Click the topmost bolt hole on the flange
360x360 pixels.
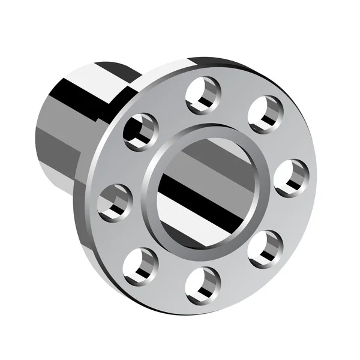(203, 95)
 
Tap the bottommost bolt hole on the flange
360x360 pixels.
(203, 284)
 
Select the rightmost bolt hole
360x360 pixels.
(291, 178)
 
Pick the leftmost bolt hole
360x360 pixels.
(114, 202)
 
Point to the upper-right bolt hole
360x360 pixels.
(265, 114)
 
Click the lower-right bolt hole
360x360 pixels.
(265, 248)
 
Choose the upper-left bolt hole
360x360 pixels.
(140, 131)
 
